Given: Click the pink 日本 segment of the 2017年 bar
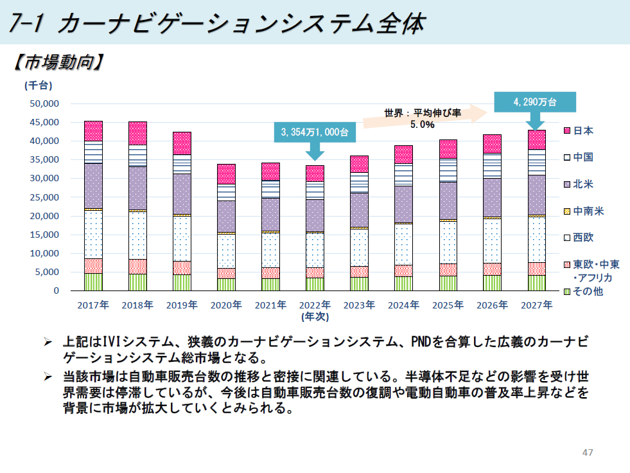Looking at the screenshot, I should (x=93, y=131).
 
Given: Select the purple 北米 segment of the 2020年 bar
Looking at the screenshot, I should (x=226, y=216).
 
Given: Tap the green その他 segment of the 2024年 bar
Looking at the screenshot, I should (x=403, y=283).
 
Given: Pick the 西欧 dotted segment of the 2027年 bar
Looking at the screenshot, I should (x=536, y=239).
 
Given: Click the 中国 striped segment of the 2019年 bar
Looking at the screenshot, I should (x=182, y=164).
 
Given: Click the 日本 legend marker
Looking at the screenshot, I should (x=567, y=131).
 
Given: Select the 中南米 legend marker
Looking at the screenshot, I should (x=567, y=211).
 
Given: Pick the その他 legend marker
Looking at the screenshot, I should (x=567, y=292).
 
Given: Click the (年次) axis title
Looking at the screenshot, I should (x=315, y=316).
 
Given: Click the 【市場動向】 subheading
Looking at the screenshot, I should (x=58, y=62).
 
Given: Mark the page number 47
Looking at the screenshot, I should (x=587, y=452).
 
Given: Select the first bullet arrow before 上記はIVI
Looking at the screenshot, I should (x=48, y=343).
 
